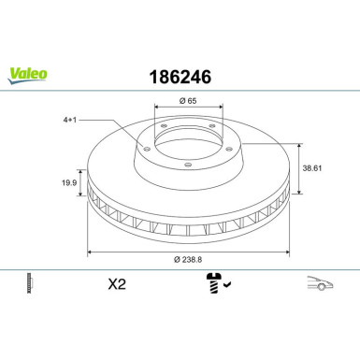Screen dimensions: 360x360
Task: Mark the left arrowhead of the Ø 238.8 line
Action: [x=89, y=252]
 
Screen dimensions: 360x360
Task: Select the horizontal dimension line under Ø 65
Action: [x=186, y=111]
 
